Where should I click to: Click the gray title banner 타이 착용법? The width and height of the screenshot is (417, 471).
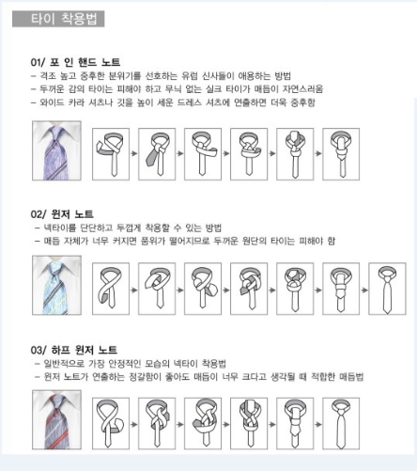point(58,19)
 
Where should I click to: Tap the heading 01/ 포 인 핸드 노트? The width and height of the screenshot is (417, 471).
point(75,62)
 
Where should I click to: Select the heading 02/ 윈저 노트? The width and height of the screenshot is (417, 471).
point(62,214)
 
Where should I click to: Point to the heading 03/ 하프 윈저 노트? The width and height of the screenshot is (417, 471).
point(74,350)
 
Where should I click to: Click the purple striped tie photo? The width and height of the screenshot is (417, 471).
point(56,150)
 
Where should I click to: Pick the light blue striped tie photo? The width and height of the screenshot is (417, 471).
point(56,285)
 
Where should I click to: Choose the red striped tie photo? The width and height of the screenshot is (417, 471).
point(56,420)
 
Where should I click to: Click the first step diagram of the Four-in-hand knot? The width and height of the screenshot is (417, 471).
point(111,154)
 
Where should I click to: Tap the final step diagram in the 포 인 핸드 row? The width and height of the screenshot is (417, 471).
point(341,154)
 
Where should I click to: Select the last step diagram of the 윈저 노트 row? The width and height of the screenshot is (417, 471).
point(387,289)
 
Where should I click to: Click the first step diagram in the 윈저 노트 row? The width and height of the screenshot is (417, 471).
point(111,289)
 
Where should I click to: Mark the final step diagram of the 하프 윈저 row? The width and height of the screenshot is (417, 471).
point(341,423)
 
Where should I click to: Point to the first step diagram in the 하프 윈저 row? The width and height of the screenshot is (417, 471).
point(111,423)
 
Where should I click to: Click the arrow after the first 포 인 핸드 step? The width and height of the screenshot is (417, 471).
point(134,153)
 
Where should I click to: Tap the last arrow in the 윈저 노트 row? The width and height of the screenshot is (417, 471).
point(364,290)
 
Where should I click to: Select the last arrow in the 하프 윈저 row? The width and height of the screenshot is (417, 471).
point(318,425)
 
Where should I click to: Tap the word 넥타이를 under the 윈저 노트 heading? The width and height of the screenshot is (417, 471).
point(60,228)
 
